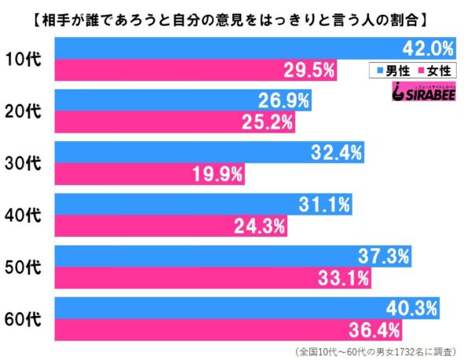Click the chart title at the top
tap(235, 14)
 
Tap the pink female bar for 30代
tap(149, 173)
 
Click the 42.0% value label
tap(429, 49)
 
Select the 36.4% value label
tap(374, 326)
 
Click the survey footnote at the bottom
tap(369, 350)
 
